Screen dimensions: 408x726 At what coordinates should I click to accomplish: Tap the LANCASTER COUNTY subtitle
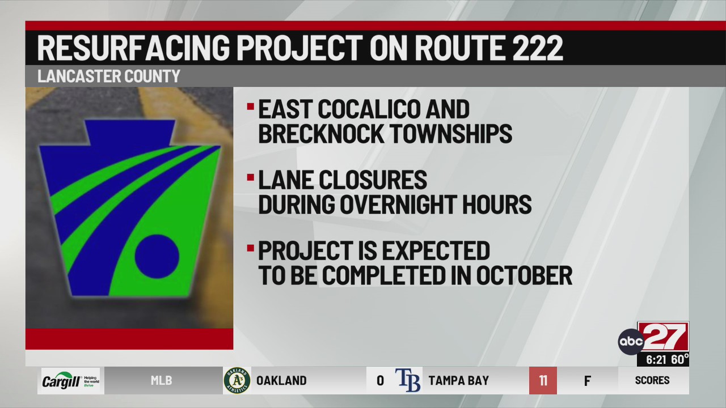pos(109,76)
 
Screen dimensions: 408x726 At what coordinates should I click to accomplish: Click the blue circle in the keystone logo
pos(157,257)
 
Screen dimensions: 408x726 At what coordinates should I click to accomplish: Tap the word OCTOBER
pos(524,275)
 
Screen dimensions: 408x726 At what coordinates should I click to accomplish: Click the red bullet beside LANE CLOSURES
pos(250,177)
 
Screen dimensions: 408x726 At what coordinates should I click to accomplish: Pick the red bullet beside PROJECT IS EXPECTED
pos(250,248)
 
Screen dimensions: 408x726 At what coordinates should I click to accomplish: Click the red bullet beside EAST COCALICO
pos(250,106)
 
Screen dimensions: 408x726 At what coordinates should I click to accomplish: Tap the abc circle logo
pos(631,341)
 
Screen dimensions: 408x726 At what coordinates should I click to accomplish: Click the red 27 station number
pos(664,337)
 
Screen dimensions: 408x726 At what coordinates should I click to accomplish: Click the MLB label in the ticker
pos(161,381)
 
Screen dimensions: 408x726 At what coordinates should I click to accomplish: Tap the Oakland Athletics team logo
pos(237,380)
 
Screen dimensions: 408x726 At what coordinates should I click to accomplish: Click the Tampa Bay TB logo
pos(408,380)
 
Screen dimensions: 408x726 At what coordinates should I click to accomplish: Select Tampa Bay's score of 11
pos(543,381)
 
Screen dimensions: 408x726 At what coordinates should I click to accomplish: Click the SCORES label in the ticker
pos(652,381)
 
